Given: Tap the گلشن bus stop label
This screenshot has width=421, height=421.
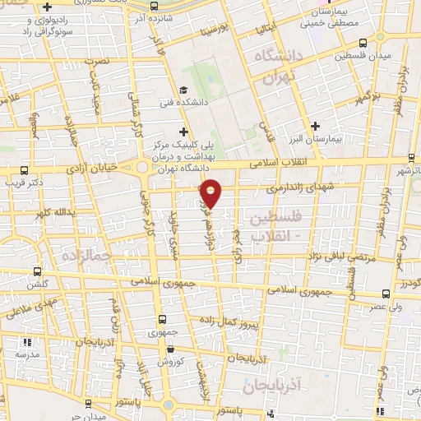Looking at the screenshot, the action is click(x=35, y=284).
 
